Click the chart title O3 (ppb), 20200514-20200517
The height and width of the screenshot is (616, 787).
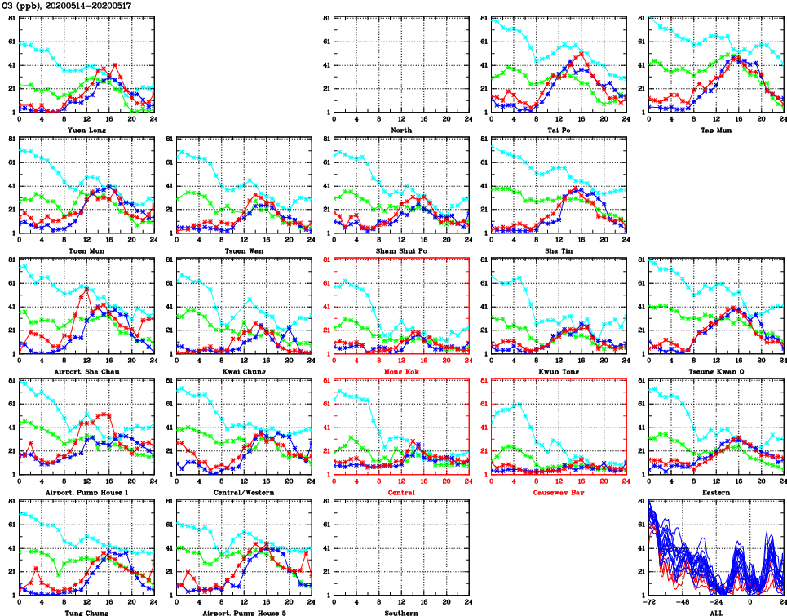pos(67,6)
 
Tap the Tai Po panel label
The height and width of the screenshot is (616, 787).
pos(559,130)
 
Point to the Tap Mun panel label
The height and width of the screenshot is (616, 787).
pos(715,130)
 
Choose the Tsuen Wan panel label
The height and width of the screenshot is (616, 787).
pos(244,250)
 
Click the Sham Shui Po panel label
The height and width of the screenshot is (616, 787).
pos(400,250)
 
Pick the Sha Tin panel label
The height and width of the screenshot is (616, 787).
pos(559,250)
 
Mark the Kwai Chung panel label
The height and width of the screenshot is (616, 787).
pos(244,371)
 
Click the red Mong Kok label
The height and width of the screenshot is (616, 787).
pos(400,371)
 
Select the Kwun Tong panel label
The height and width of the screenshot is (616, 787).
pos(559,371)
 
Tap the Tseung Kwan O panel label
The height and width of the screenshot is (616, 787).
pos(715,371)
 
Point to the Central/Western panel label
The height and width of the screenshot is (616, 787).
pos(244,492)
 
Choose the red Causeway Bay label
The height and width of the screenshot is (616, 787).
pos(559,492)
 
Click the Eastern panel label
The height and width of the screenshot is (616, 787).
pos(715,492)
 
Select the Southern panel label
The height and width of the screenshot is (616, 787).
pos(400,612)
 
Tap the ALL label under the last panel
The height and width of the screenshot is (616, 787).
pos(715,612)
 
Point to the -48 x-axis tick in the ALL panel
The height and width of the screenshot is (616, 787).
pos(683,602)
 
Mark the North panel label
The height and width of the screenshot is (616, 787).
pos(400,130)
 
